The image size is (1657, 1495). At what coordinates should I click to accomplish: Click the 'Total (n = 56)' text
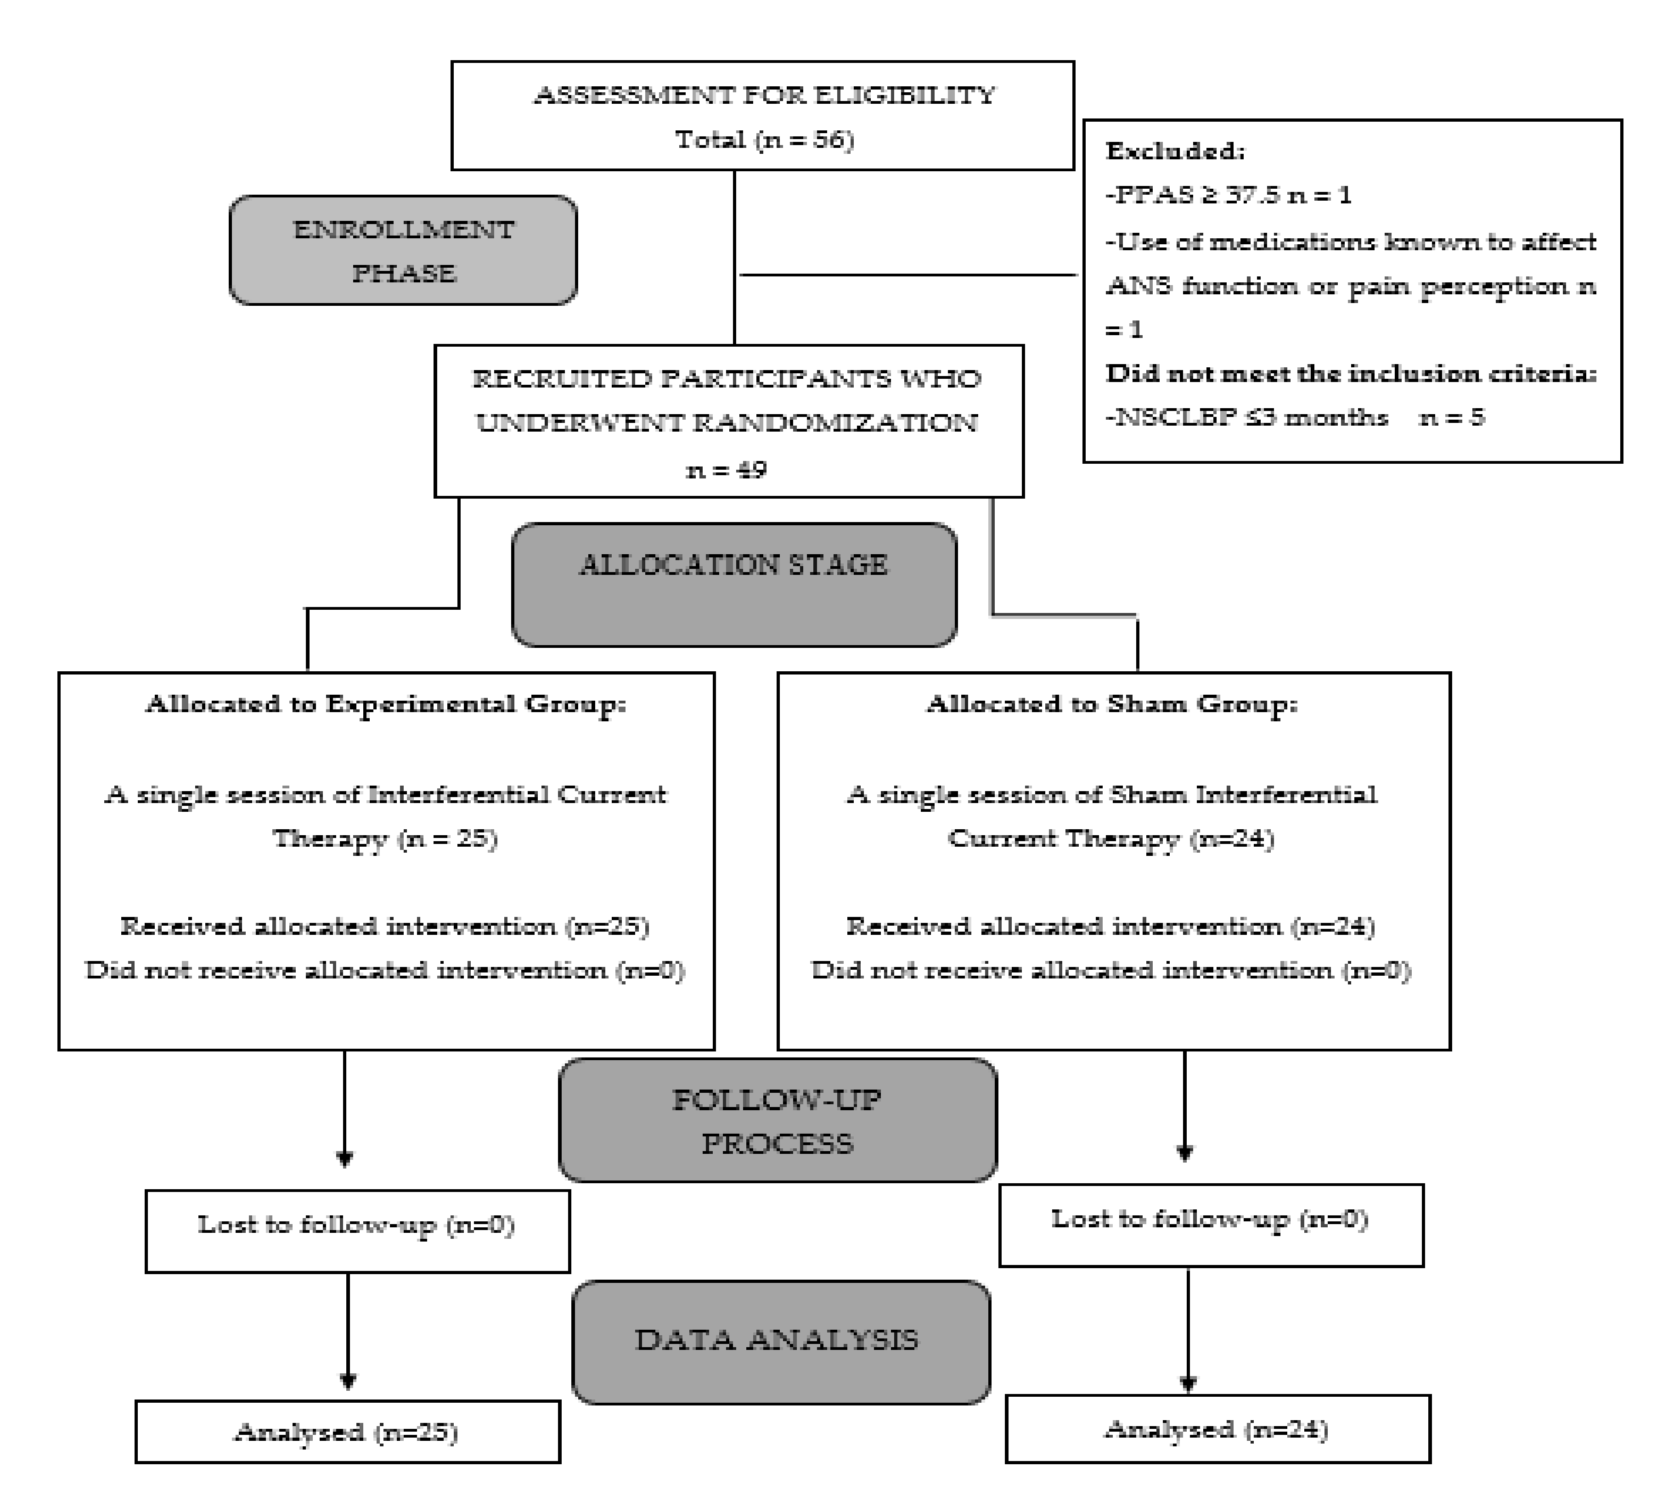(764, 140)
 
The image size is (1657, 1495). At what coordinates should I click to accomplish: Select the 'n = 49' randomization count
(726, 470)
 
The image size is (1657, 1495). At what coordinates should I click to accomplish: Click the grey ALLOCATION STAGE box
(733, 584)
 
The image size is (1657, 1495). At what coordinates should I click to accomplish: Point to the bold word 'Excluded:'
(1175, 151)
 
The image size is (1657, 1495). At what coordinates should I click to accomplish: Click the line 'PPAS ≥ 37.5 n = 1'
(1228, 196)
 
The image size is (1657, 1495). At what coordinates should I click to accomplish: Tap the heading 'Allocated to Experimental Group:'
(385, 704)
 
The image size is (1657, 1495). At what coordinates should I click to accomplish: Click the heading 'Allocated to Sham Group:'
(1111, 704)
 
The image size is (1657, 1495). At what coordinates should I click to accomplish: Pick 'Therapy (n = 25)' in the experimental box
(385, 839)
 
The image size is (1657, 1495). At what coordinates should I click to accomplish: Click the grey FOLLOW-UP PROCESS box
(777, 1120)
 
